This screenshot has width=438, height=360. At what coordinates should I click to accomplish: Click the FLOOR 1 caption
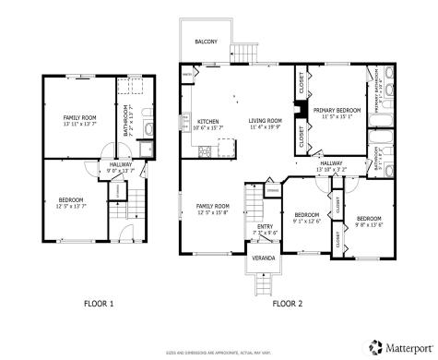pos(99,303)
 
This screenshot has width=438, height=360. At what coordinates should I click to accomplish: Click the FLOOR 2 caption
pos(288,303)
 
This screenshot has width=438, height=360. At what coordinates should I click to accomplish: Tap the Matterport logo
pos(402,347)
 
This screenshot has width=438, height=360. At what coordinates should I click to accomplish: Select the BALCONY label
pos(207,42)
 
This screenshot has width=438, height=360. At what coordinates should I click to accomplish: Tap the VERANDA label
pos(265,258)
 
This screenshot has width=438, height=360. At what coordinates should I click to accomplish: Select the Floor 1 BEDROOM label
pos(72,203)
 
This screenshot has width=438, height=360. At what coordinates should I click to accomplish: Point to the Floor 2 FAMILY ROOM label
pos(212,209)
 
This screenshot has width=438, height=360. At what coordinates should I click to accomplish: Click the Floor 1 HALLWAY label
pos(121,167)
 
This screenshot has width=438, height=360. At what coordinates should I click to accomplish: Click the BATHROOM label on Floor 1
pos(128,120)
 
